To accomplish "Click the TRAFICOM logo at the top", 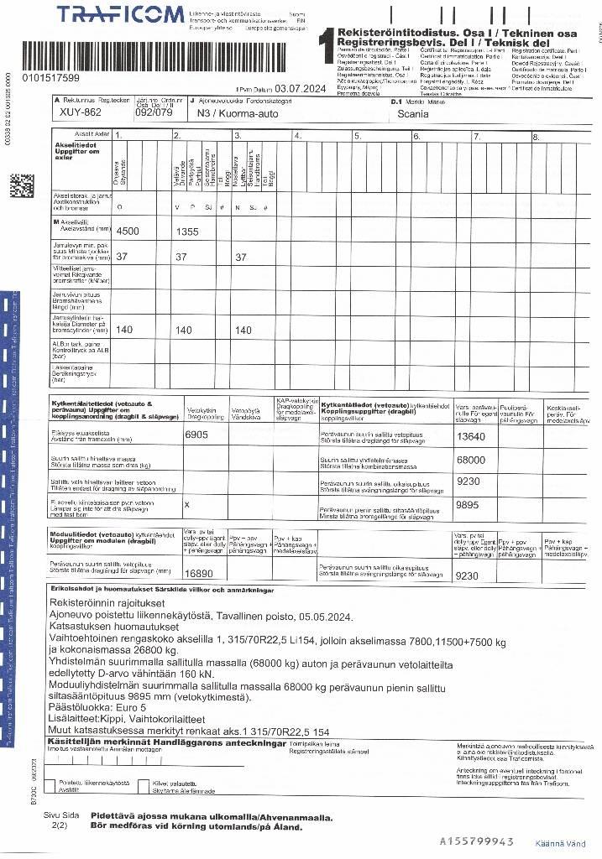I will pos(121,14).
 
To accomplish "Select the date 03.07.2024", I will pos(300,88).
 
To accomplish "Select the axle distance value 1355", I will pos(190,231).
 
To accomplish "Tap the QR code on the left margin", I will pos(22,185).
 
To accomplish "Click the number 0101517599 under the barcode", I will pos(52,78).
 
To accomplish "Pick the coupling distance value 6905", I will pos(196,435).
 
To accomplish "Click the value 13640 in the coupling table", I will pos(470,436).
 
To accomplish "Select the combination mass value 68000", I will pos(470,460).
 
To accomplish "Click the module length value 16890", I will pos(199,574).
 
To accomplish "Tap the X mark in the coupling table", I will pos(186,505).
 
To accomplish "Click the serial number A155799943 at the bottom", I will pos(477,841).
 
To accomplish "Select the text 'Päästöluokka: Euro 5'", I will pos(100,707).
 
